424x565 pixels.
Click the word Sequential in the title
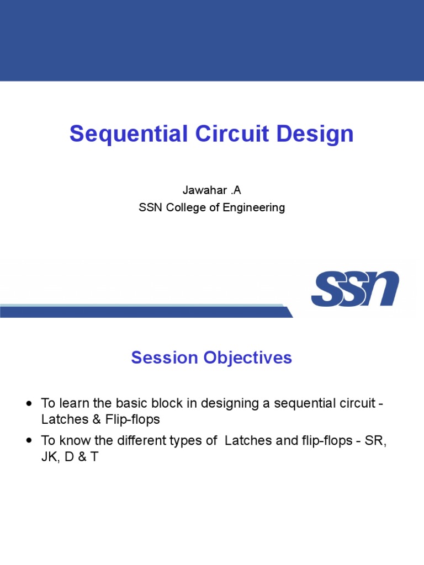coord(129,134)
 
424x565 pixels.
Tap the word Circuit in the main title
coord(232,134)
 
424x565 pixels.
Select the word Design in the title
coord(315,134)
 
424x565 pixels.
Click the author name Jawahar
coord(204,190)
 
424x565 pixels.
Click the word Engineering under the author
coord(254,208)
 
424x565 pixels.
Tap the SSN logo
coord(355,289)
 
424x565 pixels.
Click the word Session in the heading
coord(165,358)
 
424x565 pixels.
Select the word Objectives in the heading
coord(248,358)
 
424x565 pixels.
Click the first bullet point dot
coord(29,403)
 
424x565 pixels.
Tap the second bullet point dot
coord(29,440)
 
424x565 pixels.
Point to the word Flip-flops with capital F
coord(132,420)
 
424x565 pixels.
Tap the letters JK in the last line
coord(49,457)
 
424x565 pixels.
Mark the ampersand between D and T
coord(82,457)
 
